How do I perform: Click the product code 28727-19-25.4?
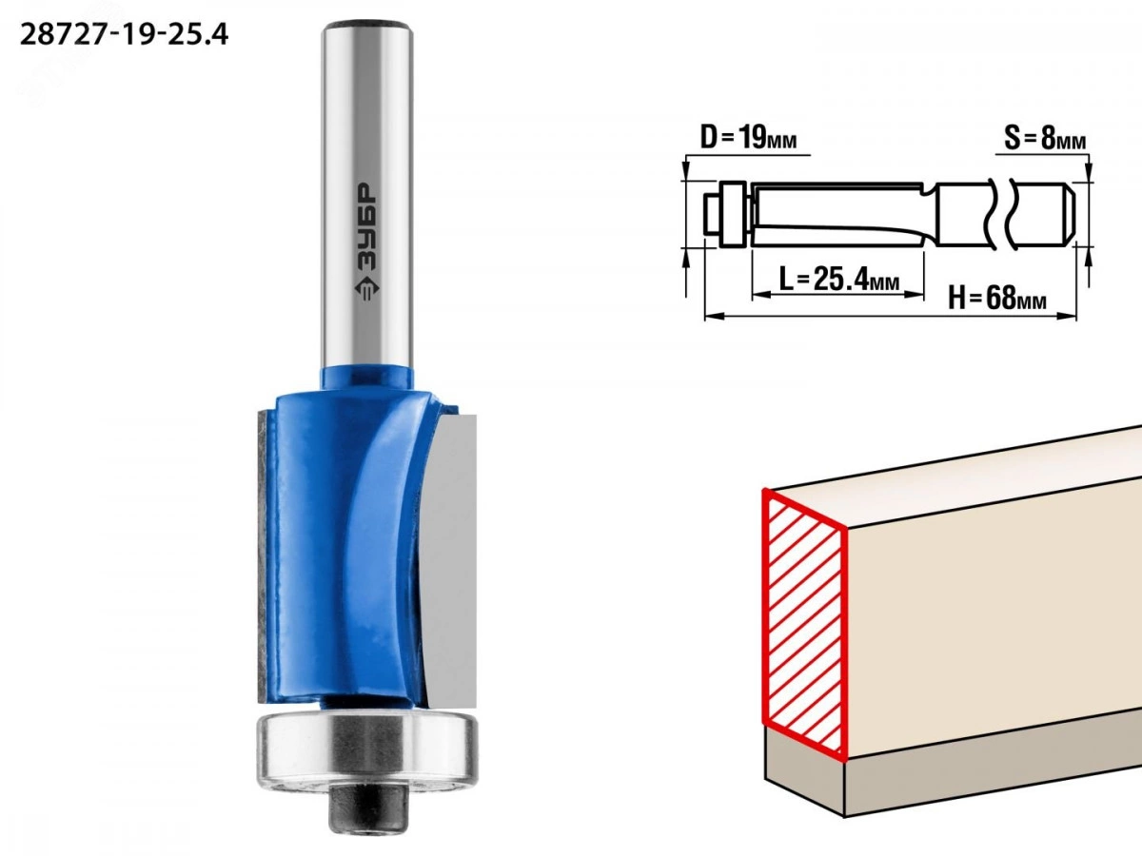(x=124, y=35)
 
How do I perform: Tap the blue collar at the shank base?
(x=367, y=379)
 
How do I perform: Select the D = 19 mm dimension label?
(x=748, y=138)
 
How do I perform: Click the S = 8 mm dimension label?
(x=1045, y=138)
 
